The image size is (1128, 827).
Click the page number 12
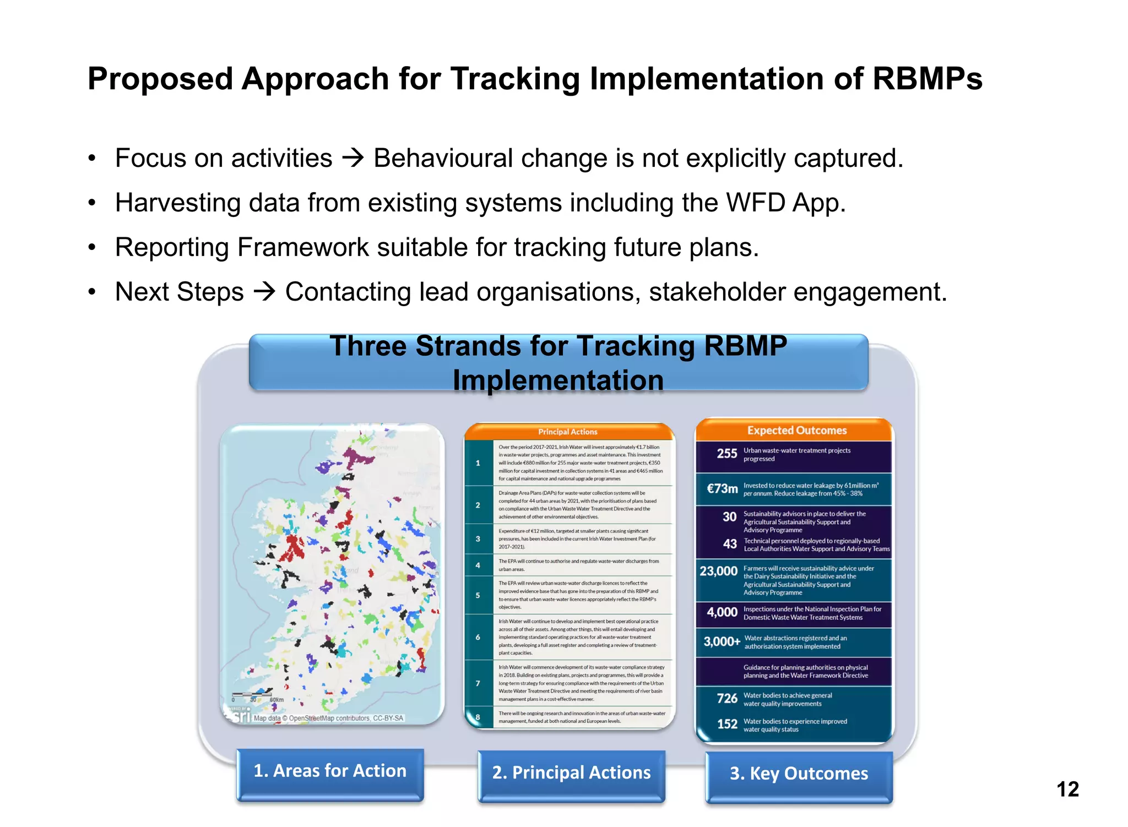coord(1067,789)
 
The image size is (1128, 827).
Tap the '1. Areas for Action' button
coord(330,771)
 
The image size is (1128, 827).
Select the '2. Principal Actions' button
coord(571,772)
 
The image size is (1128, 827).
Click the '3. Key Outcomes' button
coord(799,774)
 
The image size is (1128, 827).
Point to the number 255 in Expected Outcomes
coord(726,454)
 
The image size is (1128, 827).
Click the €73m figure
coord(722,489)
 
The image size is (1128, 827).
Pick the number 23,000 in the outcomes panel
coord(718,571)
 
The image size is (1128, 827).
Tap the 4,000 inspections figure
coord(722,612)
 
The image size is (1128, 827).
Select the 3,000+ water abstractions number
coord(722,641)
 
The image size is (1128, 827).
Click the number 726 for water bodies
coord(726,699)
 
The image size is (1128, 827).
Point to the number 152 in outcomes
coord(726,724)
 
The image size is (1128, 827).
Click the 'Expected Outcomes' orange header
coord(796,431)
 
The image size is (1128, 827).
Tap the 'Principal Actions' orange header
coord(567,432)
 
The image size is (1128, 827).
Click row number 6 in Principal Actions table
coord(478,637)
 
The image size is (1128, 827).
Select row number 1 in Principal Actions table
coord(478,463)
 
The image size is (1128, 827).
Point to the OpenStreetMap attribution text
coord(328,718)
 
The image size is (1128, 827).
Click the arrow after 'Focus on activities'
coord(353,159)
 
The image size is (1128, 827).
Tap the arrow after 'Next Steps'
coord(264,292)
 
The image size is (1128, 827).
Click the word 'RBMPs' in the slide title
coord(927,79)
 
